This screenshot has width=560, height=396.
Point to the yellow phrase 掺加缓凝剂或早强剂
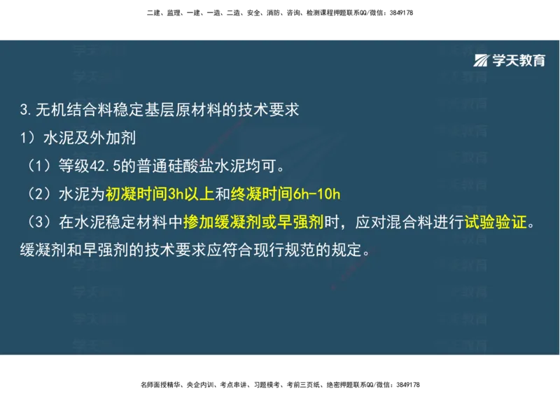tap(253, 222)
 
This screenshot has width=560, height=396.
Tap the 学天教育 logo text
tap(518, 60)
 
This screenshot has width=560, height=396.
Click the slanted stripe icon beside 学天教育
tap(482, 60)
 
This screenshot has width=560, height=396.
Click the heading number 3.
tap(24, 110)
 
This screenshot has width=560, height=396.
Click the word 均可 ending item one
tap(260, 167)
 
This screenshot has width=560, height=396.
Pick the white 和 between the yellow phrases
tap(222, 192)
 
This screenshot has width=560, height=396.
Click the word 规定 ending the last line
tap(348, 249)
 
